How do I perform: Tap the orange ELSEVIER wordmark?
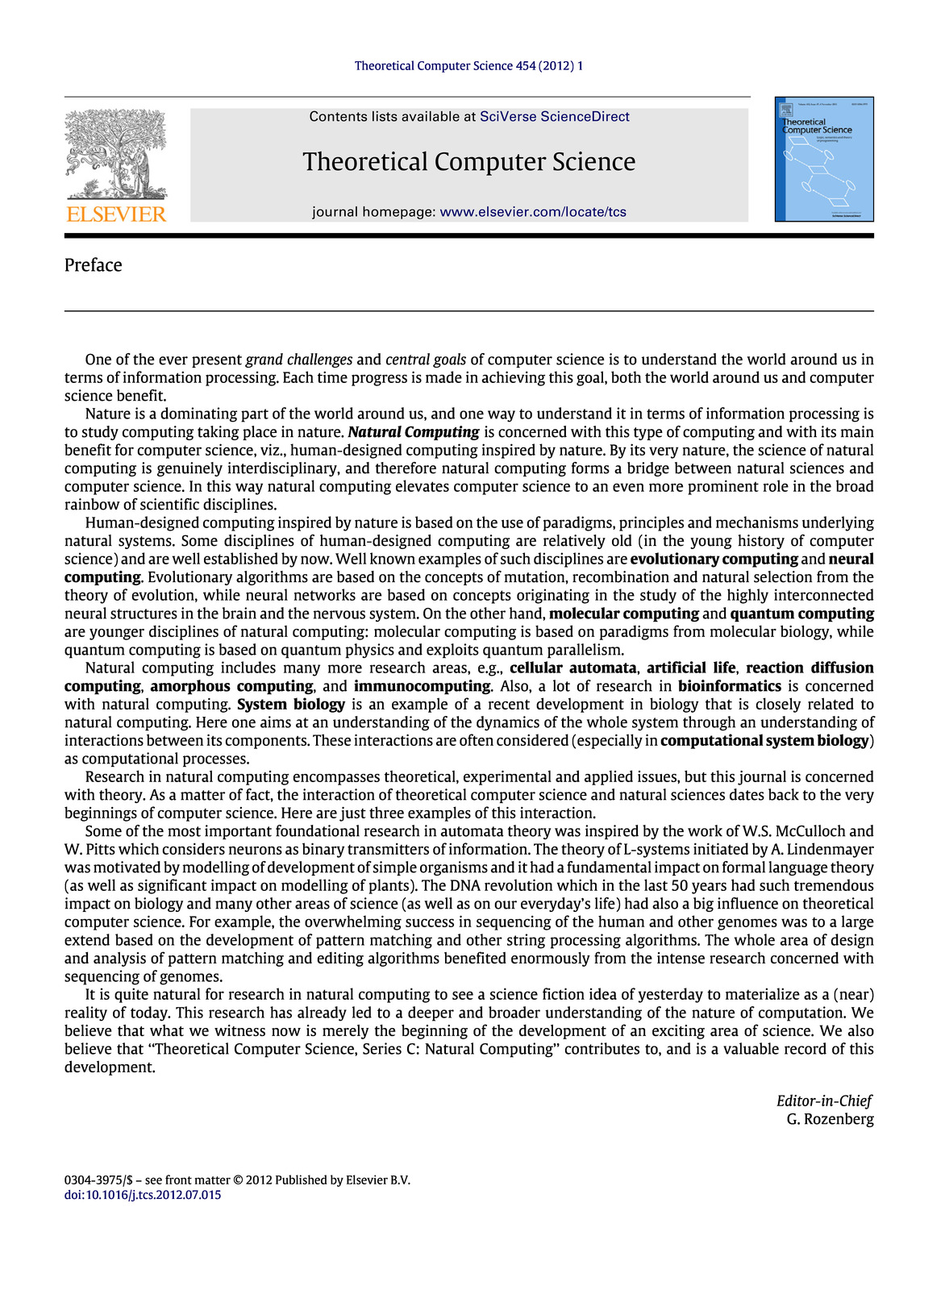(x=116, y=214)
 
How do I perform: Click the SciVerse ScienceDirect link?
(x=554, y=117)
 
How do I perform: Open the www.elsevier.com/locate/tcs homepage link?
(x=533, y=212)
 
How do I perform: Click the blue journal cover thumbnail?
(x=824, y=160)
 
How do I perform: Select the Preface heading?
(x=94, y=265)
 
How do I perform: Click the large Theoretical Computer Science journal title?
(x=469, y=162)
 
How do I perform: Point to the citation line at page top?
(x=468, y=66)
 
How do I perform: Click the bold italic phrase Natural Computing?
(x=414, y=432)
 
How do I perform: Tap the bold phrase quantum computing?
(x=801, y=614)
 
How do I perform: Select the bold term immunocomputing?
(x=422, y=686)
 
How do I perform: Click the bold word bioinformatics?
(x=729, y=686)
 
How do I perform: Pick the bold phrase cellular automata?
(x=572, y=668)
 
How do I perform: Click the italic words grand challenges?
(x=299, y=360)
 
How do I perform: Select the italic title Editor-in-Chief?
(x=823, y=1101)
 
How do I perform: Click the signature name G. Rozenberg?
(x=830, y=1119)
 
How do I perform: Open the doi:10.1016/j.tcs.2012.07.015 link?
(x=143, y=1195)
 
